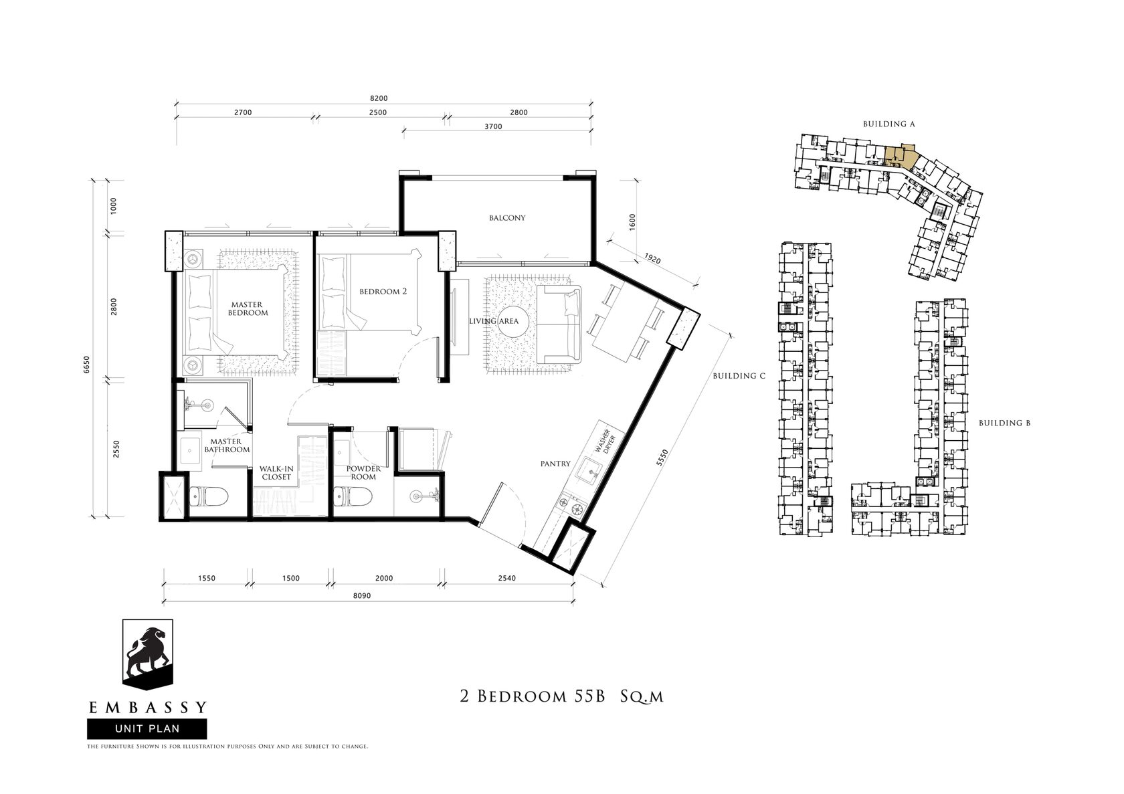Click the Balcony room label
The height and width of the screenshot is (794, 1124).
point(507,217)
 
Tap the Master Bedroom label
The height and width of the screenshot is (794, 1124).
point(248,308)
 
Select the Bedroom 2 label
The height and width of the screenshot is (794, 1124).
point(383,292)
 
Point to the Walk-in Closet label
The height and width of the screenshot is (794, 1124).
point(276,473)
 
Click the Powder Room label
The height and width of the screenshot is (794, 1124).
point(363,472)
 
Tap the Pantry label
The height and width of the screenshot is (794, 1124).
point(555,464)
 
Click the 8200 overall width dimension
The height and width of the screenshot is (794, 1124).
point(379,98)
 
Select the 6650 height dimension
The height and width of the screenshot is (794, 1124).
point(87,365)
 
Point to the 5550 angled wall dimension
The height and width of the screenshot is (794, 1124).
point(662,458)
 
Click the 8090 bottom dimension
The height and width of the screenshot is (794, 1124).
point(362,596)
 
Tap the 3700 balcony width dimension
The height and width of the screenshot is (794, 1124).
point(492,126)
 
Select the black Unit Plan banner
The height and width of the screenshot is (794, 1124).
point(147,729)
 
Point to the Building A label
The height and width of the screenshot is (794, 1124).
point(888,124)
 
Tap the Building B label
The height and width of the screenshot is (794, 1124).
point(1005,423)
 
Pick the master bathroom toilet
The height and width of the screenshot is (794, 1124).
point(209,496)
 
